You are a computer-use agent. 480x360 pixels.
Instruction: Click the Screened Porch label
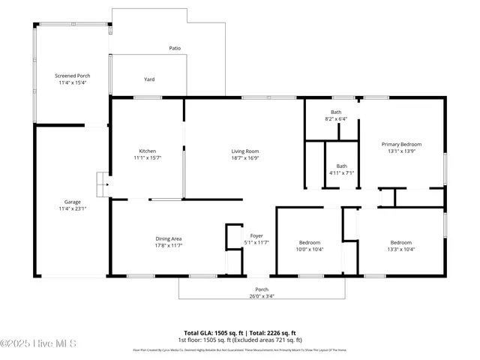pyautogui.click(x=72, y=76)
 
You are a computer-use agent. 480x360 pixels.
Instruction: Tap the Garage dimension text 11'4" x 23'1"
pyautogui.click(x=72, y=208)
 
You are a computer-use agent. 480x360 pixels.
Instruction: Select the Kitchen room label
pyautogui.click(x=147, y=151)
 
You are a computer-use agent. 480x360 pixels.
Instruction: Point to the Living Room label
pyautogui.click(x=244, y=151)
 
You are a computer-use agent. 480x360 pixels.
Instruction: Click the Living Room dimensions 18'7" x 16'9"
pyautogui.click(x=244, y=158)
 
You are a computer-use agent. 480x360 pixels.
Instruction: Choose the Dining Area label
pyautogui.click(x=169, y=238)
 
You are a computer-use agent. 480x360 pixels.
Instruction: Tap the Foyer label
pyautogui.click(x=256, y=235)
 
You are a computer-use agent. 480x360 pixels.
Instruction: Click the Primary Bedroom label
pyautogui.click(x=401, y=144)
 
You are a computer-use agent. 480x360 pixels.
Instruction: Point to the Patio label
pyautogui.click(x=174, y=48)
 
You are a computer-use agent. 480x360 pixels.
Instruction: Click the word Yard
pyautogui.click(x=149, y=79)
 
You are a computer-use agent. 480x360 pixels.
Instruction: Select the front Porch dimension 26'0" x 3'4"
pyautogui.click(x=262, y=296)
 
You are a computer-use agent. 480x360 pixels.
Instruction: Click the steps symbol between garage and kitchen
pyautogui.click(x=101, y=181)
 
